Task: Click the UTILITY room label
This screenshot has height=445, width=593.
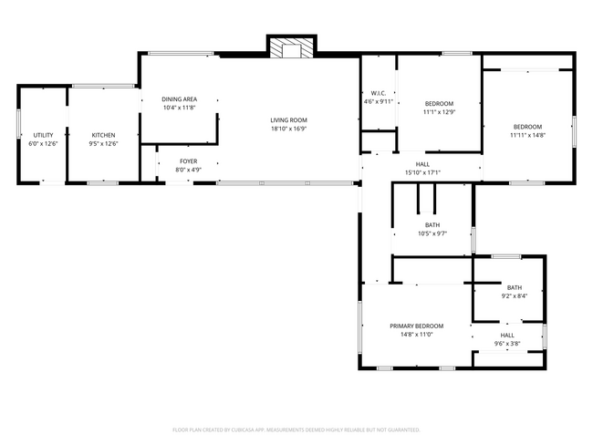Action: pyautogui.click(x=43, y=135)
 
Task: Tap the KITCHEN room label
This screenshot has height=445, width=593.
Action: pyautogui.click(x=102, y=135)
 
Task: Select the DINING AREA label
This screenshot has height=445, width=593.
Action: pyautogui.click(x=180, y=99)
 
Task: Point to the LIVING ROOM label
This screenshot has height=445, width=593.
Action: pyautogui.click(x=288, y=120)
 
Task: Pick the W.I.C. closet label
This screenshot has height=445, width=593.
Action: pyautogui.click(x=379, y=93)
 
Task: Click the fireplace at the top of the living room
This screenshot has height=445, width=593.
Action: pyautogui.click(x=291, y=48)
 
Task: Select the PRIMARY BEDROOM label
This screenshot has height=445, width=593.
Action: pyautogui.click(x=416, y=326)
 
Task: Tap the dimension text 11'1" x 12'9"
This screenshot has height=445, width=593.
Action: pyautogui.click(x=438, y=112)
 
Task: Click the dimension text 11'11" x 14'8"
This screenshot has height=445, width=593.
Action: pyautogui.click(x=527, y=135)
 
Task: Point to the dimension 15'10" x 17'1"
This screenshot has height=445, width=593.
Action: pyautogui.click(x=422, y=172)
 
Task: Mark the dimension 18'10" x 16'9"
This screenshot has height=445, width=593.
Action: pyautogui.click(x=288, y=129)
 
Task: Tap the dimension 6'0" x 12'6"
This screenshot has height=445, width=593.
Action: pyautogui.click(x=43, y=143)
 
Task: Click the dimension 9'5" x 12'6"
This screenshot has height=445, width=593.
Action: pyautogui.click(x=102, y=143)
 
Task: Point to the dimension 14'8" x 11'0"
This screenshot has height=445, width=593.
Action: pyautogui.click(x=416, y=335)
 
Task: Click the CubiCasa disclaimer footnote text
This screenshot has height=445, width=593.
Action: pyautogui.click(x=296, y=429)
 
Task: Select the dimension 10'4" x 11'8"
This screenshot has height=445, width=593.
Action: pyautogui.click(x=180, y=108)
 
